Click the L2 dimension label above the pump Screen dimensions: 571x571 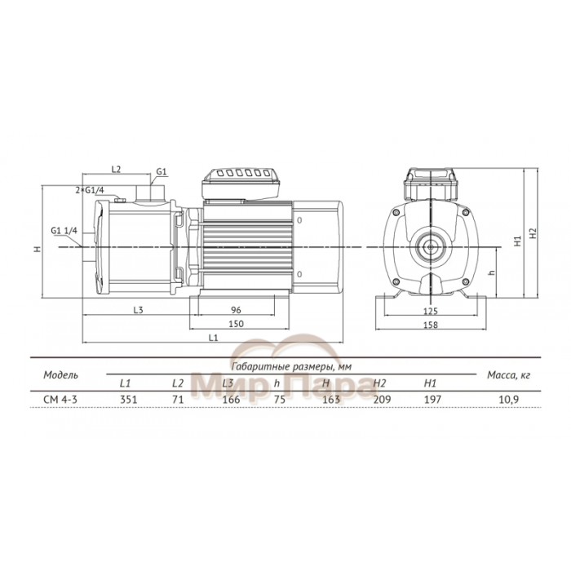coord(116,170)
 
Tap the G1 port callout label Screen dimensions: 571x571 coord(162,171)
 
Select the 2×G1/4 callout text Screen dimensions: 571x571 coord(90,190)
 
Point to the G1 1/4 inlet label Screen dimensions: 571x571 coord(64,231)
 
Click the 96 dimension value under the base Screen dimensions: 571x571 coord(236,310)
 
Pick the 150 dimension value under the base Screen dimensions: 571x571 coord(236,324)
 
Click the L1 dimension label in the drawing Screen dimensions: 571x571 coord(214,338)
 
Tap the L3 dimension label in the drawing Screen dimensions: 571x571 coord(138,310)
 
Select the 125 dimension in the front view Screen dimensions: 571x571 coord(431,311)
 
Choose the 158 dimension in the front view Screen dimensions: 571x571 coord(431,325)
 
